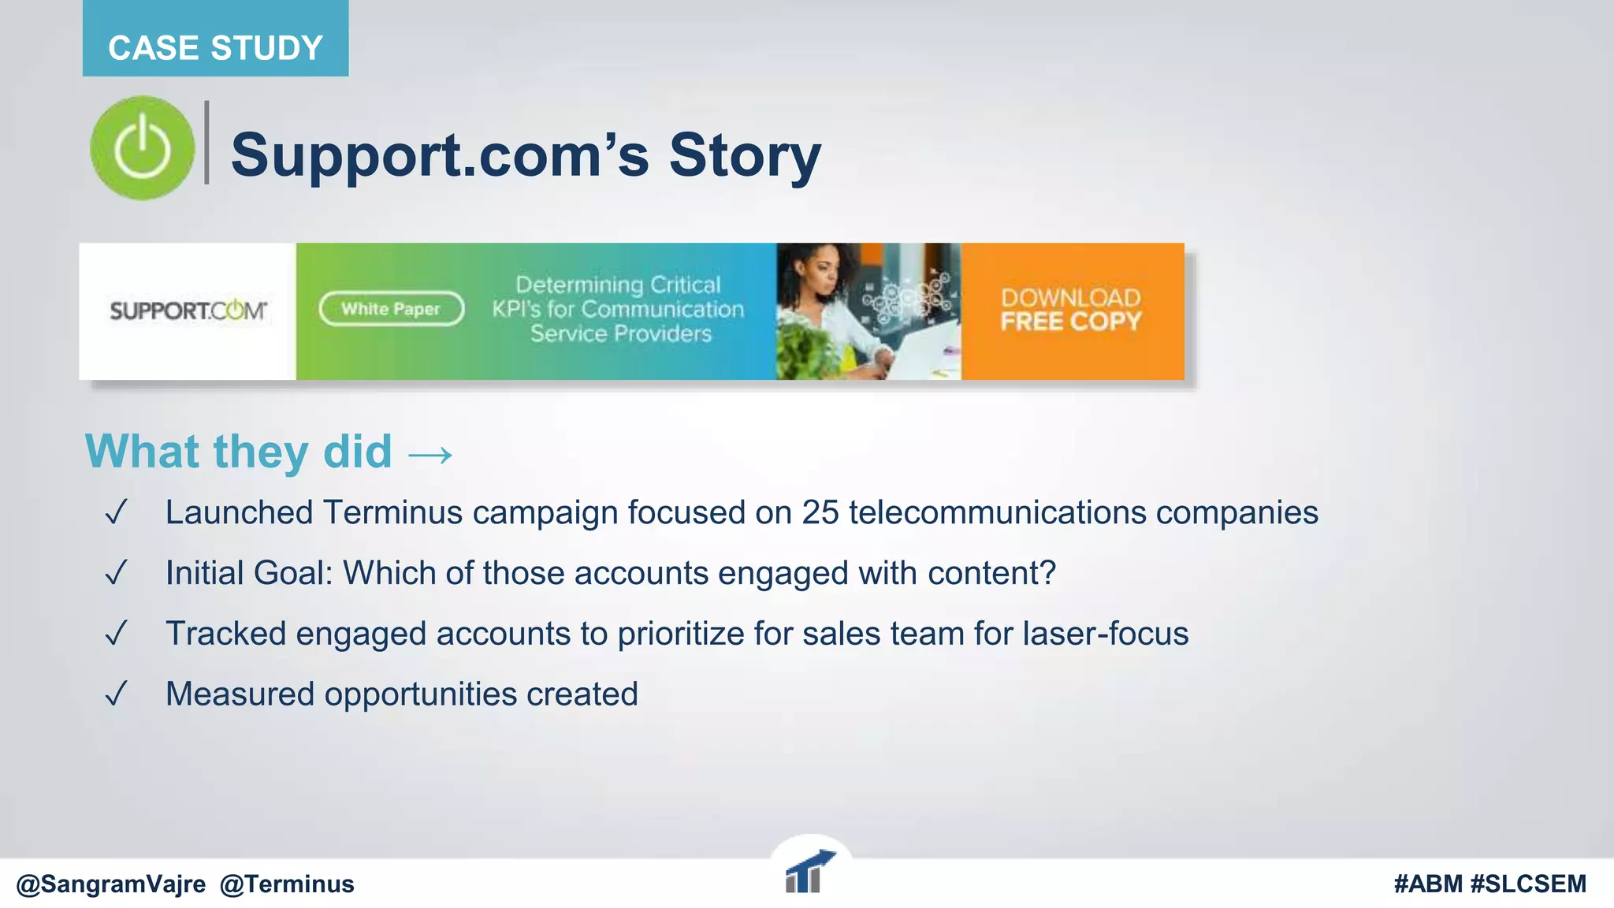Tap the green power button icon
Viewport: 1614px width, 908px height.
pyautogui.click(x=143, y=148)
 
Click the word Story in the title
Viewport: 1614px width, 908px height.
pyautogui.click(x=745, y=155)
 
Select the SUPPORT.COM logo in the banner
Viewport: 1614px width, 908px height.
pyautogui.click(x=188, y=311)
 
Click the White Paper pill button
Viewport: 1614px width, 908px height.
pyautogui.click(x=391, y=309)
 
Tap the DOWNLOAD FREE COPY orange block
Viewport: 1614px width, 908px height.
pyautogui.click(x=1072, y=311)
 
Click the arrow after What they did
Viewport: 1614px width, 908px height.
pyautogui.click(x=430, y=455)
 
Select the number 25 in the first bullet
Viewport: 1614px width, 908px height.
pyautogui.click(x=820, y=513)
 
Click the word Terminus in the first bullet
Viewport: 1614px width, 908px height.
pyautogui.click(x=392, y=513)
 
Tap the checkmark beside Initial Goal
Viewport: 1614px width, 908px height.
pyautogui.click(x=116, y=573)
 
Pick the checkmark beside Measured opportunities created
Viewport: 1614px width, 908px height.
pyautogui.click(x=116, y=694)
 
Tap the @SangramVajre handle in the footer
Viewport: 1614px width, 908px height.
pyautogui.click(x=111, y=884)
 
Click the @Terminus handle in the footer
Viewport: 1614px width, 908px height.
pyautogui.click(x=287, y=884)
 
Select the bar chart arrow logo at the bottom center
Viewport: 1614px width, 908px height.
pyautogui.click(x=809, y=872)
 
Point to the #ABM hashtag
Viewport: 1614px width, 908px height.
pyautogui.click(x=1427, y=884)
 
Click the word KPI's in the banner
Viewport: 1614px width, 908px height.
pyautogui.click(x=516, y=310)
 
